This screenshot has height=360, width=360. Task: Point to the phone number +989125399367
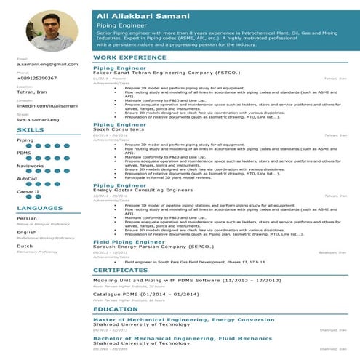pos(36,79)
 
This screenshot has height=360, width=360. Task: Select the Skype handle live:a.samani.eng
pos(37,119)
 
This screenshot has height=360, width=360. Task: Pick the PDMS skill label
pos(24,153)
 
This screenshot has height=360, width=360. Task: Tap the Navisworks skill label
pos(30,166)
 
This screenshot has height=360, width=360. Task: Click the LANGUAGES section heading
pos(39,209)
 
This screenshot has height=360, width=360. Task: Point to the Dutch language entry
pos(26,247)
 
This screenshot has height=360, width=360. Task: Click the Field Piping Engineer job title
pos(128,241)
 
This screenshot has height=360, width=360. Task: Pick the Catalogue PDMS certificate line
pos(146,294)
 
